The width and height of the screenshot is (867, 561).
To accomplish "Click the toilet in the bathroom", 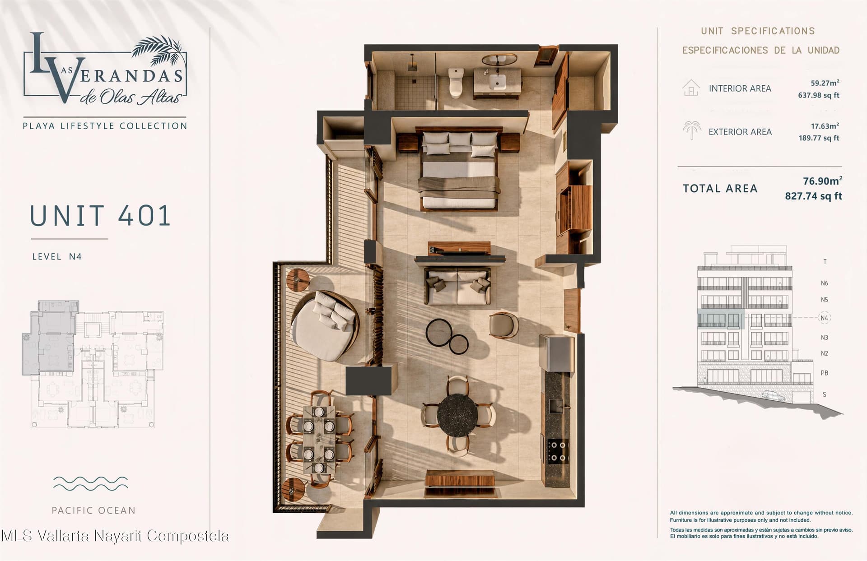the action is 456,82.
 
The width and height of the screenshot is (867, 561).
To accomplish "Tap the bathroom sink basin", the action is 497,83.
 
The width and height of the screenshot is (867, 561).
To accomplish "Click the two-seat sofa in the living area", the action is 457,286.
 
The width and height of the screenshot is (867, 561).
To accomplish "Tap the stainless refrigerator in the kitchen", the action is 557,352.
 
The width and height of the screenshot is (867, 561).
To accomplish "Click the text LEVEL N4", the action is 57,257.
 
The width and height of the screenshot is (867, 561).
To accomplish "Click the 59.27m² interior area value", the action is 825,83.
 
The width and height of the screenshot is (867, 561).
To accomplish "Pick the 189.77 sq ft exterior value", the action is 819,138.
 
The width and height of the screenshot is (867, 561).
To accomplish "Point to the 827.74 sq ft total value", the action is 813,196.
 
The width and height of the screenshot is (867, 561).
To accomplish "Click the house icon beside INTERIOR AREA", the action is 691,88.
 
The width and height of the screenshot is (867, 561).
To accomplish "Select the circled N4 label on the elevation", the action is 825,318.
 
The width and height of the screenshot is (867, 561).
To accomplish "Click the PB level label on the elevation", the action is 825,373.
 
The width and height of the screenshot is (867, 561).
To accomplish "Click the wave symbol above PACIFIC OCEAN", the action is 90,483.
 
